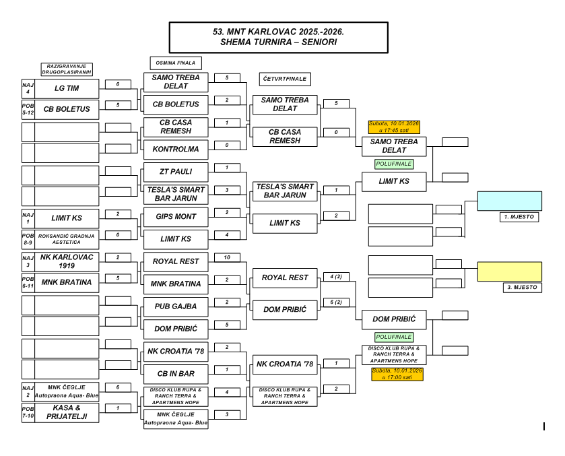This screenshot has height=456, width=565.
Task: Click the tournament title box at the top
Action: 278,36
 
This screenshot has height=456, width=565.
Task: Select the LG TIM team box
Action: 66,88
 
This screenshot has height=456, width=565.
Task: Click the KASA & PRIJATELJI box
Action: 66,412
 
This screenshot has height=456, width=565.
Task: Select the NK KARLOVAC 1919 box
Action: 66,261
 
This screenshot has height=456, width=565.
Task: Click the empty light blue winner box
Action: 509,201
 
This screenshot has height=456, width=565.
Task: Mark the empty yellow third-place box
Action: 509,271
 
